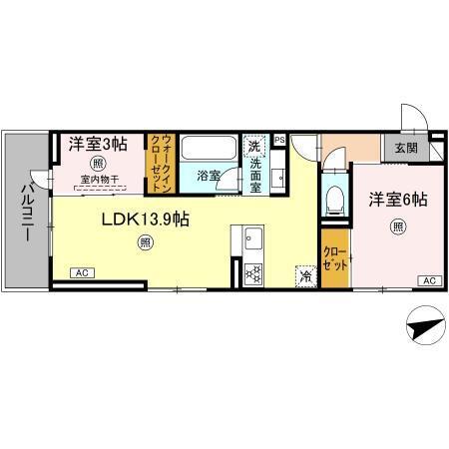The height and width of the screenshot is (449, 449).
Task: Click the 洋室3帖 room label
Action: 99,145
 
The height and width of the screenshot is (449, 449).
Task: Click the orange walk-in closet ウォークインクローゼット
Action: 161,163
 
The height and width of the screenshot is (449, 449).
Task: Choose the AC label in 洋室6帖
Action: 427,280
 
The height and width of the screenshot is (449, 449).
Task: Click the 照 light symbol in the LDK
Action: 146,241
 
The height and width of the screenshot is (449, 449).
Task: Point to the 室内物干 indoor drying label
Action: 99,180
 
